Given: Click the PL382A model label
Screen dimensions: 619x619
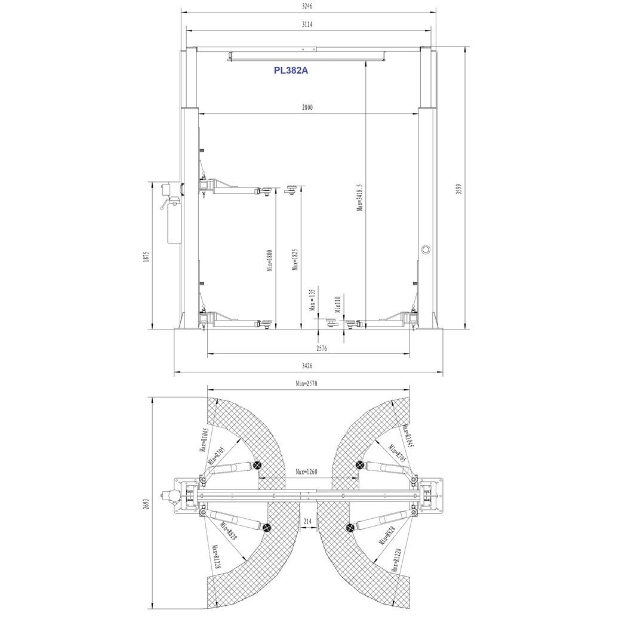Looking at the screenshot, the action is (x=291, y=70).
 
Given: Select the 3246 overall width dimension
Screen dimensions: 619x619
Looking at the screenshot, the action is (x=307, y=7).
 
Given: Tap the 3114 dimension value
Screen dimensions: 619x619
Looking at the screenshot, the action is (x=307, y=24).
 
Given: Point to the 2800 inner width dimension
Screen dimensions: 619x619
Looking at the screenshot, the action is (x=307, y=107).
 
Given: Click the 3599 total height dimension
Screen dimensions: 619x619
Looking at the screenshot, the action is (x=458, y=189).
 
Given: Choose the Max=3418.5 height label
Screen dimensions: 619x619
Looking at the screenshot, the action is (x=360, y=196).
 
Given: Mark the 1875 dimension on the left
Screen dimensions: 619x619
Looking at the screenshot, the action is (x=146, y=257).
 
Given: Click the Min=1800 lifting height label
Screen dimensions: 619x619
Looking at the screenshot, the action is (x=270, y=260).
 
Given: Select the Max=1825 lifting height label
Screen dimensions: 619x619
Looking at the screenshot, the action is (x=295, y=260).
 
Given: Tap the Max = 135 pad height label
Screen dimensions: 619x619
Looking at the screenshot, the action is (x=312, y=300).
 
